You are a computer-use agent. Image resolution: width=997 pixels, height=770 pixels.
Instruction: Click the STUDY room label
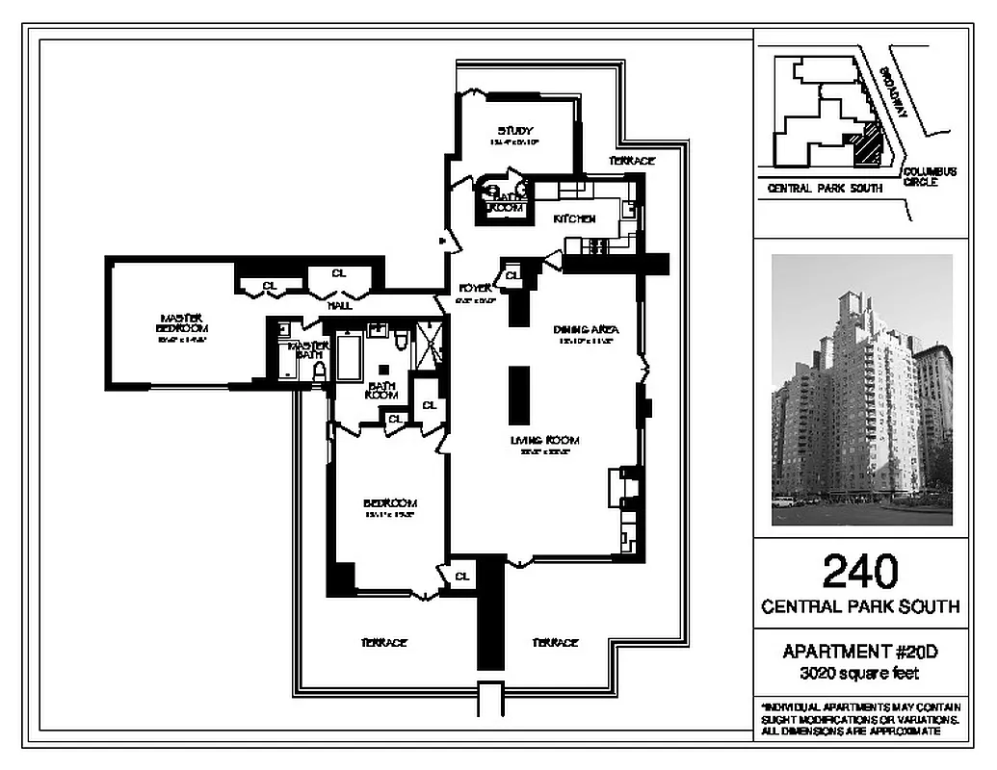click(x=515, y=131)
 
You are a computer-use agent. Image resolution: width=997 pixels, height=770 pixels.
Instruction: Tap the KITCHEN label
click(x=574, y=219)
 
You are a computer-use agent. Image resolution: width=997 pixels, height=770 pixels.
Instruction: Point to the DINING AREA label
click(x=586, y=329)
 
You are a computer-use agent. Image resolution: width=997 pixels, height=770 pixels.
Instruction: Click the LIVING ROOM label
click(x=544, y=441)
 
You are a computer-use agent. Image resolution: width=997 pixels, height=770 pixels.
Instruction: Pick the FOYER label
click(x=475, y=288)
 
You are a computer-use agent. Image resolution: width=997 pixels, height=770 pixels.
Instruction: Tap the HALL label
click(x=339, y=305)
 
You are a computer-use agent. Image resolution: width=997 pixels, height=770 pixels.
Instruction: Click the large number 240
click(x=859, y=571)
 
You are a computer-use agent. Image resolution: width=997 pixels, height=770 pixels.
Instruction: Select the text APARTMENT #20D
click(x=859, y=653)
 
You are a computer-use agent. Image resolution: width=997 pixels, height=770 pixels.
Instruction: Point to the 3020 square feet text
click(x=859, y=674)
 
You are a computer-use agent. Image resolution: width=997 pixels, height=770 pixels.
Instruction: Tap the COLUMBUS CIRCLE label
click(x=930, y=176)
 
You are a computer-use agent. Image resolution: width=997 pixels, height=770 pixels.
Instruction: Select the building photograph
click(x=861, y=389)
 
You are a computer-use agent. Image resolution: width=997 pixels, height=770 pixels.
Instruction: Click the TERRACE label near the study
click(x=631, y=161)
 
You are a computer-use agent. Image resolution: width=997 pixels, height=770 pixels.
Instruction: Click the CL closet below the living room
click(x=461, y=577)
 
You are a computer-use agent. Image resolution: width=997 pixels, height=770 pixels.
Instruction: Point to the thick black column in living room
click(x=519, y=395)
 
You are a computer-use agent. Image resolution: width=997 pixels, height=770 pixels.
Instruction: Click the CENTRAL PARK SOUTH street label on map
click(x=825, y=190)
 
